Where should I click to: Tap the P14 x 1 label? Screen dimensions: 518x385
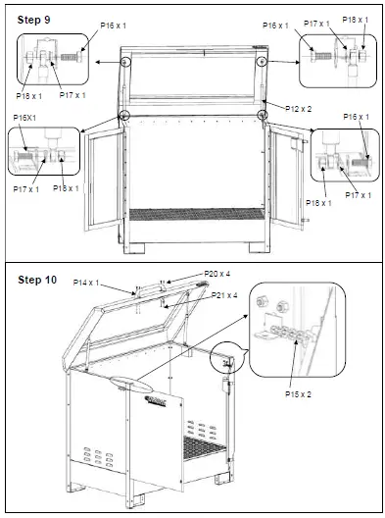(87, 282)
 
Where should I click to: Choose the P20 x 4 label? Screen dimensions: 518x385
(217, 274)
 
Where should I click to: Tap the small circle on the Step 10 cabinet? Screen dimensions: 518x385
(228, 362)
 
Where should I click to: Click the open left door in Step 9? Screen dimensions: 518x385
(100, 177)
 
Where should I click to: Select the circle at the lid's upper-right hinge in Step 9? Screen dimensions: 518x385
(263, 61)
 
